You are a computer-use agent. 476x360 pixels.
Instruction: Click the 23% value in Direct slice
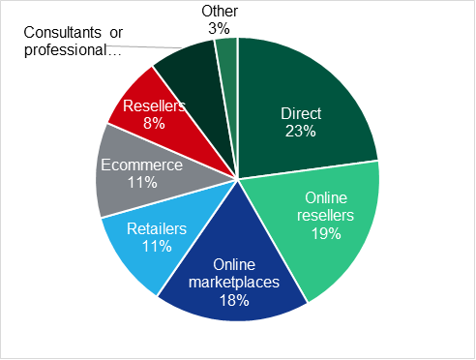[x=300, y=132]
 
